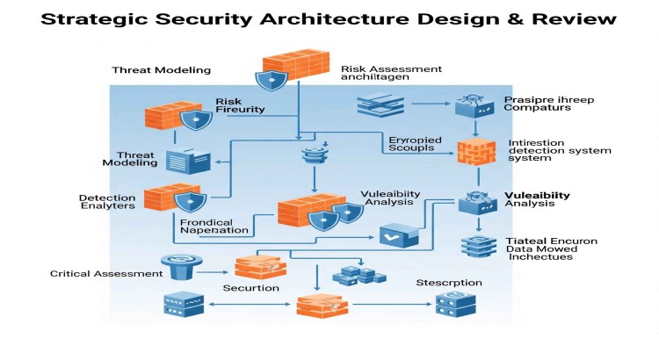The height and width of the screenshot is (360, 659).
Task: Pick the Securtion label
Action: coord(250,288)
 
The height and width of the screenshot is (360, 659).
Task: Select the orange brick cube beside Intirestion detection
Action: coord(471,152)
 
